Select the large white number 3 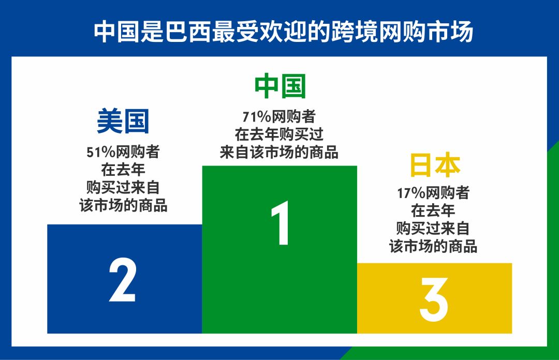(434, 299)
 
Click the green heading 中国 (280, 86)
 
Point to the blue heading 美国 (123, 121)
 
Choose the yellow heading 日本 (435, 165)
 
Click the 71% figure (254, 117)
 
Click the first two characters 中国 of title (113, 32)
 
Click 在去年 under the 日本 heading (433, 211)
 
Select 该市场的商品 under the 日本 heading (433, 246)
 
